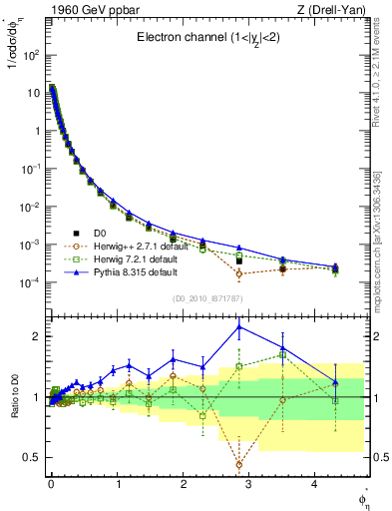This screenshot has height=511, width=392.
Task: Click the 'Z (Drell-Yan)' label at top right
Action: click(337, 11)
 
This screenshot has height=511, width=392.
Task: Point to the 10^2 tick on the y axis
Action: click(30, 55)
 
